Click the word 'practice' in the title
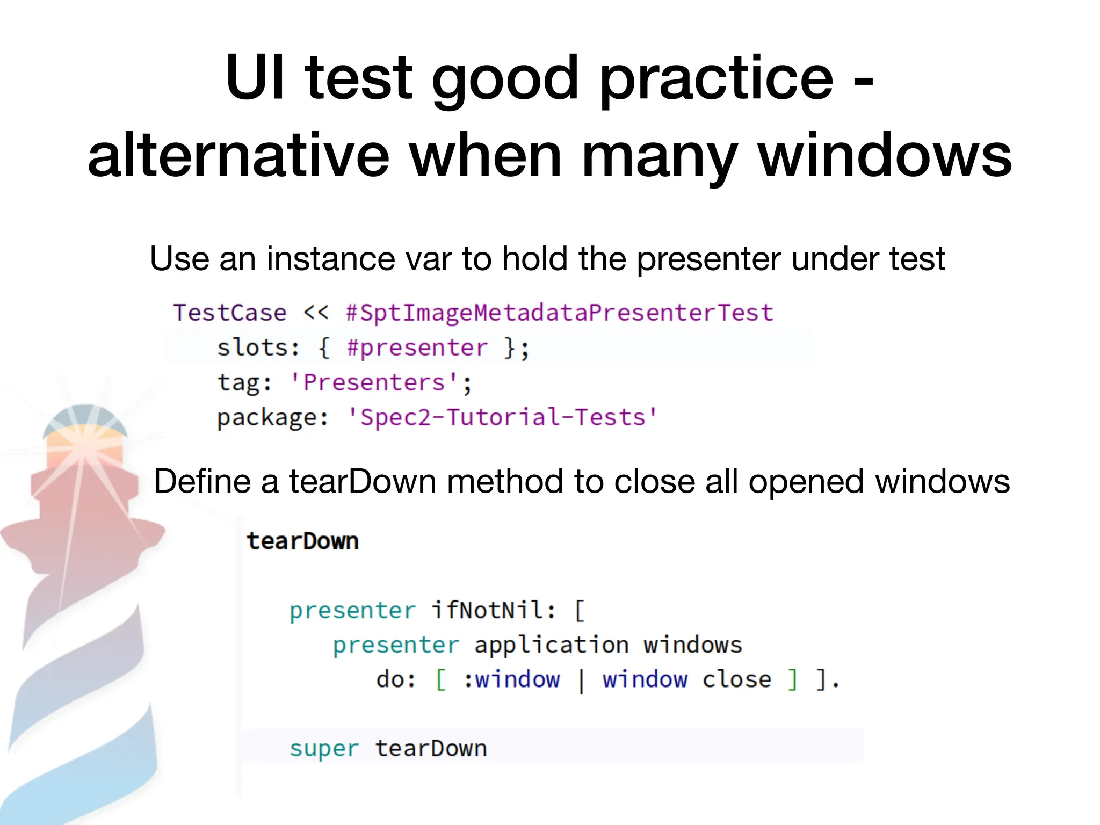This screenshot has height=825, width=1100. pos(717,79)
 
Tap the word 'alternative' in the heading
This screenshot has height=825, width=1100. pos(238,156)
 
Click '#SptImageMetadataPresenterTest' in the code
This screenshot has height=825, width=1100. pos(560,313)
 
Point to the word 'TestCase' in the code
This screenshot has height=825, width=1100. pos(230,313)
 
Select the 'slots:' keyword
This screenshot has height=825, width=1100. pos(258,348)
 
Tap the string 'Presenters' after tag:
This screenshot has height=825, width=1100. pos(374,383)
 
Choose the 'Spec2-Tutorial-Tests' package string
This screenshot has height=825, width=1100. pos(502,417)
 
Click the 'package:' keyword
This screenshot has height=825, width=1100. pos(273,418)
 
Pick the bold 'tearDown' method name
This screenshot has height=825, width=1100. pos(303,541)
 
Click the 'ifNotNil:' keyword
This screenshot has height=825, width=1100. pos(494,610)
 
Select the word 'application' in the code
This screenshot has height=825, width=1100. pos(552,645)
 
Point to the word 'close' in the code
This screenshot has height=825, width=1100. pos(736,679)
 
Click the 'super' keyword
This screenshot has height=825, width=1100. pos(324,749)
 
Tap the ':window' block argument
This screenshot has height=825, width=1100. pos(512,679)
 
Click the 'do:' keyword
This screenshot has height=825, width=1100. pos(396,679)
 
